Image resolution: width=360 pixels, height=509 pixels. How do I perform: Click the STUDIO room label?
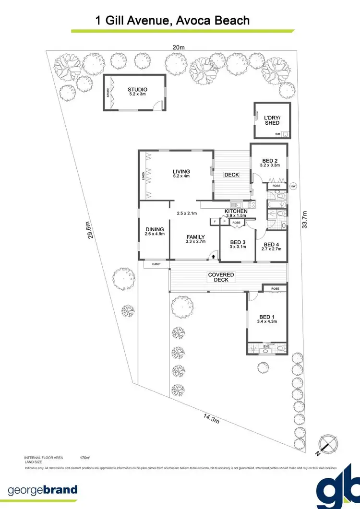[x=137, y=90]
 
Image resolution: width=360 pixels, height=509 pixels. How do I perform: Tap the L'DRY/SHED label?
[x=272, y=120]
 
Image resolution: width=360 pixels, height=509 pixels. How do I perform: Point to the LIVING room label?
[x=181, y=171]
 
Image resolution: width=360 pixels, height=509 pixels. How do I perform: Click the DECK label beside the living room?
[x=231, y=175]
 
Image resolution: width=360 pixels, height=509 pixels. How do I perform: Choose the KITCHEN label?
[x=236, y=211]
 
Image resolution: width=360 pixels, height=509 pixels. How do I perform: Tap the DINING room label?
[x=155, y=229]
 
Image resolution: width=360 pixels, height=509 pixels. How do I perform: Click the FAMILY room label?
[x=196, y=237]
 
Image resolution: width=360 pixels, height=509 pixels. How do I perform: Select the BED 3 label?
[x=238, y=242]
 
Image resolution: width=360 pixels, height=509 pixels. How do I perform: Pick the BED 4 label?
[x=272, y=244]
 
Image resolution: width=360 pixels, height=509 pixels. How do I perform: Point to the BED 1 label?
[x=267, y=317]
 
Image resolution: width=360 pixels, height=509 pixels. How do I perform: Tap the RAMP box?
[x=156, y=264]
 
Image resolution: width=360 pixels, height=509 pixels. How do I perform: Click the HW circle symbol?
[x=293, y=186]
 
